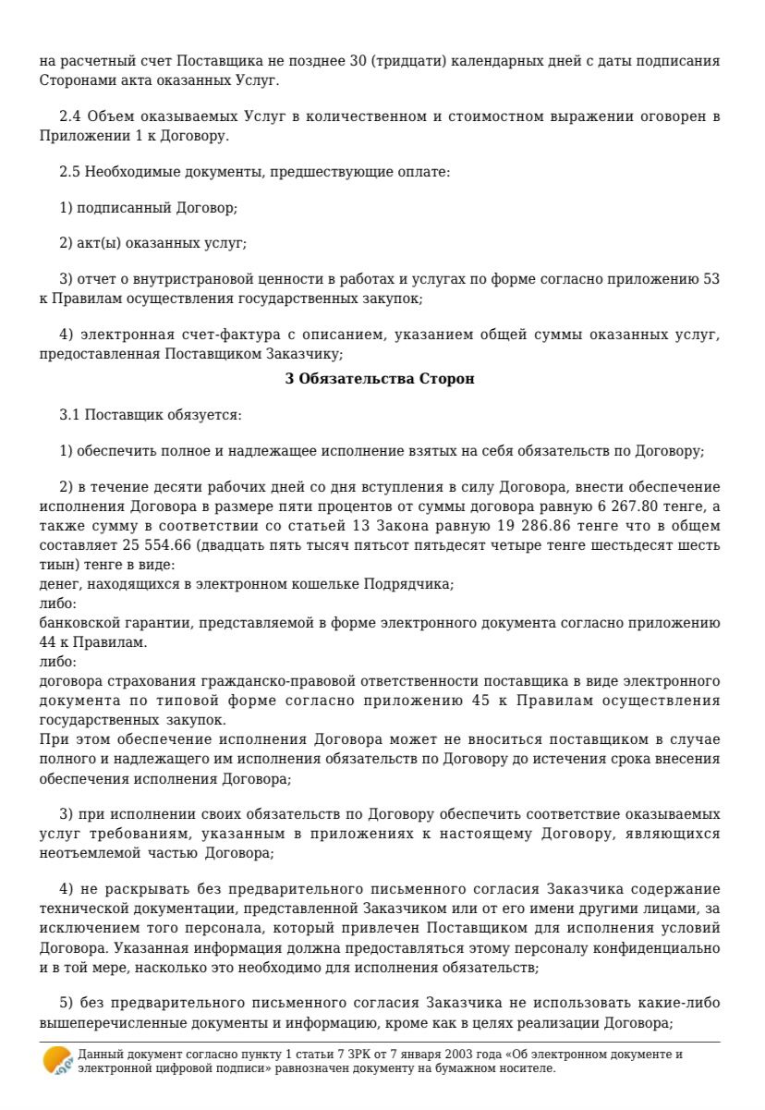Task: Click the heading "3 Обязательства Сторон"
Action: [382, 379]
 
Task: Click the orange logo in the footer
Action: [58, 1060]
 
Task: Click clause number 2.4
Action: [69, 117]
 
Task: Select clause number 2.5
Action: [69, 172]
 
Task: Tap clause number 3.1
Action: [69, 415]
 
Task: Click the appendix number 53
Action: [710, 280]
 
